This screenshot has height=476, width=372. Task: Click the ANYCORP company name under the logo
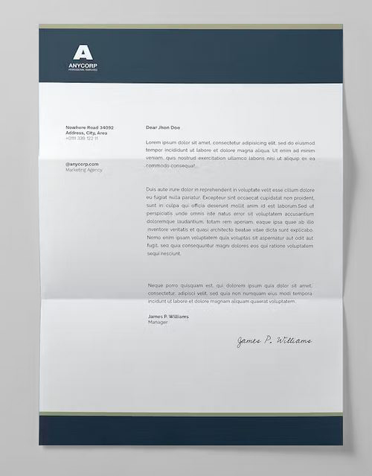click(83, 67)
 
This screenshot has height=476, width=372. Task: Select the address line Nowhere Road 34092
click(89, 127)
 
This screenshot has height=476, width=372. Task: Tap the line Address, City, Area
click(86, 133)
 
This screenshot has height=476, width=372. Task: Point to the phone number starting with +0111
click(81, 138)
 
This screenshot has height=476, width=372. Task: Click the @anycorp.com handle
click(82, 163)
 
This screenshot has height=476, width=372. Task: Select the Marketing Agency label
click(84, 169)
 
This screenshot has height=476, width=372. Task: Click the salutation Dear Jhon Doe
click(163, 128)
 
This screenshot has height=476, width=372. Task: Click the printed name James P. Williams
click(168, 317)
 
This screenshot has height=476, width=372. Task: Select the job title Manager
click(158, 323)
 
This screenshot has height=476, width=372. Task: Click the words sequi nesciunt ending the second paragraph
click(164, 254)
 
